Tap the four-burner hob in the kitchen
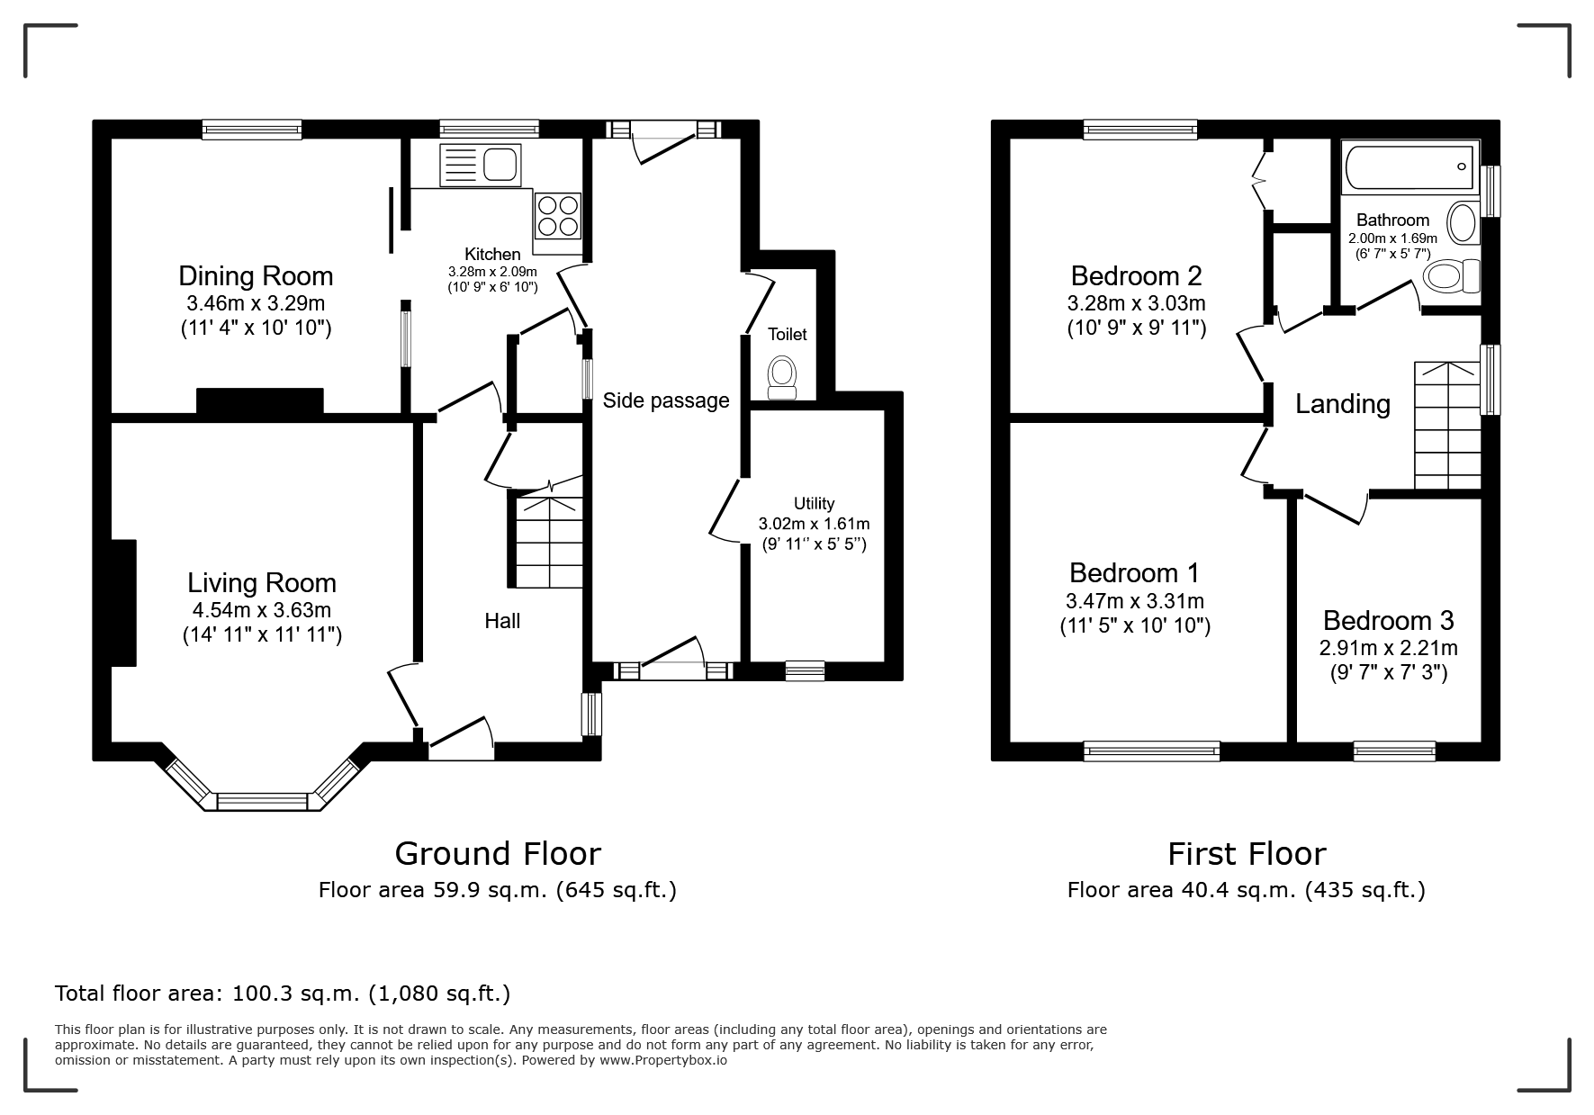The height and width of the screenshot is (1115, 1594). (557, 215)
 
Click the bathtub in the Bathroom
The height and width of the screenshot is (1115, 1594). (1409, 166)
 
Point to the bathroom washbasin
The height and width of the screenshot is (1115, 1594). (1463, 222)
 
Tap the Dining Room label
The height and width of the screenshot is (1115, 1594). (256, 275)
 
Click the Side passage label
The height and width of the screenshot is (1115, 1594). (666, 400)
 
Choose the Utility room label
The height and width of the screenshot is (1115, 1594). (814, 504)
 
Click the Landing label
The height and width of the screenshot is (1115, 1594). (1343, 404)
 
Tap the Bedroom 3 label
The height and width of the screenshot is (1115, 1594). (1389, 620)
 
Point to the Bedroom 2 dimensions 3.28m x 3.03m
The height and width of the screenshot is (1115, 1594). (1137, 303)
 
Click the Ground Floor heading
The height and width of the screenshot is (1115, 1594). (498, 853)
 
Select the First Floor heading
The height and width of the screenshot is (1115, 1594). (1247, 853)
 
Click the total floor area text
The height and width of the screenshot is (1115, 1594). (283, 994)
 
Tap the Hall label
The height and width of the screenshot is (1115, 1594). (502, 621)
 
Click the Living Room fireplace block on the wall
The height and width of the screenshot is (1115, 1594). (123, 603)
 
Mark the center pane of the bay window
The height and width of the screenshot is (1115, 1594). (263, 801)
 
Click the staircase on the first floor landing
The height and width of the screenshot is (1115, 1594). (1447, 425)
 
